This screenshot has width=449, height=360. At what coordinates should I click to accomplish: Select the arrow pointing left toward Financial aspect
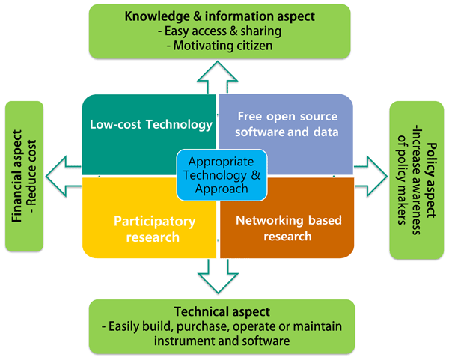(x=64, y=175)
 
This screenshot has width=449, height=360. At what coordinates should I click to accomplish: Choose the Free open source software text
(x=287, y=125)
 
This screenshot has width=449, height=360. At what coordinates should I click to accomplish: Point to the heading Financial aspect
(x=18, y=175)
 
